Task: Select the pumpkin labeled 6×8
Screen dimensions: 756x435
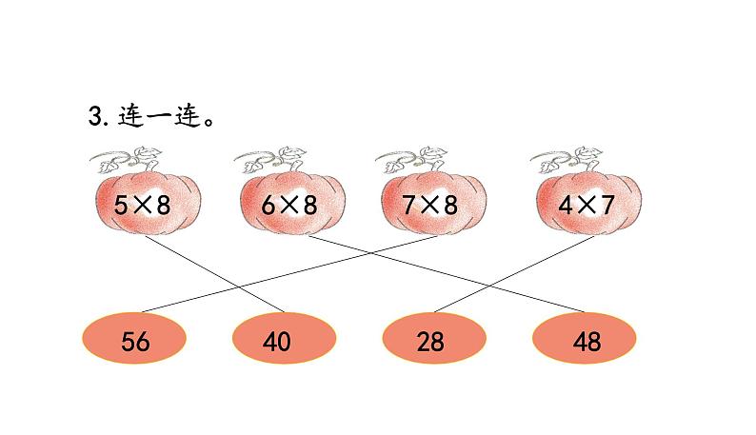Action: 291,203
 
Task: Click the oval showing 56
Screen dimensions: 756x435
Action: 136,342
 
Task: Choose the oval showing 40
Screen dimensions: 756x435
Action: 284,342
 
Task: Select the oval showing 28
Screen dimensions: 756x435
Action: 433,342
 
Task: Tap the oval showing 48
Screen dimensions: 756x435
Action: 586,342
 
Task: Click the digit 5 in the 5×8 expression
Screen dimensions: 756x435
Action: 120,204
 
